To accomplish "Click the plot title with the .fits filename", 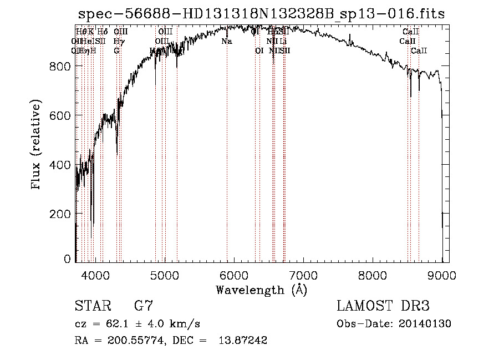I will [x=261, y=13].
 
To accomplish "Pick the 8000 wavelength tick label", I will [x=373, y=275].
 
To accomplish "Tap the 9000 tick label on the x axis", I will [x=441, y=275].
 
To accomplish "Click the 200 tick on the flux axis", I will [x=59, y=214].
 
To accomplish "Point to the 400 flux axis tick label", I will [x=59, y=165].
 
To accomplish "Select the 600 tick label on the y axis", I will [x=59, y=115].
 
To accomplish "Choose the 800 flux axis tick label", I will [x=59, y=67].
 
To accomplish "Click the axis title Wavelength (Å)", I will [x=261, y=290].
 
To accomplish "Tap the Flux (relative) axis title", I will [x=37, y=145].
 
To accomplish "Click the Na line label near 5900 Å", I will [x=227, y=42].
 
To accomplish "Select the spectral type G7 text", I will [x=144, y=306].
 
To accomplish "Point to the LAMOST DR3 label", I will [x=383, y=306].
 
